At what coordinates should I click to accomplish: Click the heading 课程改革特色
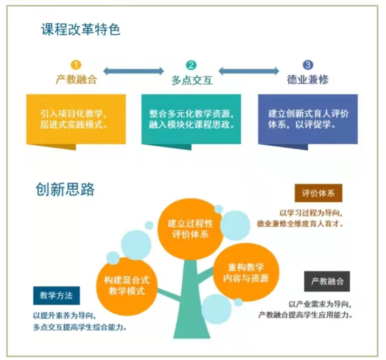coord(81,30)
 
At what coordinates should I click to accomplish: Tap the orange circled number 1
coord(76,65)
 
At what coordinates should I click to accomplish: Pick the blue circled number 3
coord(308,65)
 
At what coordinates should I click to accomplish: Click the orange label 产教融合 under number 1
coord(76,80)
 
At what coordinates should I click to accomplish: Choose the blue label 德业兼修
coord(308,80)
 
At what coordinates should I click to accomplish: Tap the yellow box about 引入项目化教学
coord(76,119)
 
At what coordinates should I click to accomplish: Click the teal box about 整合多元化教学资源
coord(191,119)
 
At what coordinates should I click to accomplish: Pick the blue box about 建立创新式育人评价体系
coord(308,119)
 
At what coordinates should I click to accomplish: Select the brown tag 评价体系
coord(318,194)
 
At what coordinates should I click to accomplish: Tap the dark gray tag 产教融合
coord(327,281)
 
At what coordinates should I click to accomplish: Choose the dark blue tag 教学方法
coord(56,295)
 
